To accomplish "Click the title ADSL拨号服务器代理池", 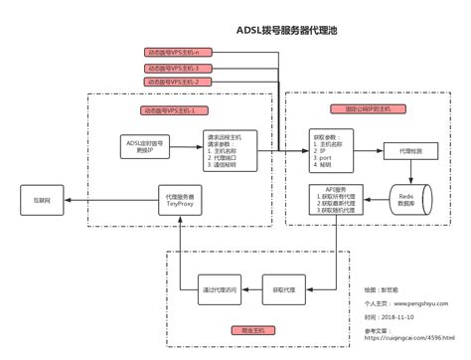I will tap(287, 31).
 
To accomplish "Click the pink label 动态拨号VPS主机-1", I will tap(175, 109).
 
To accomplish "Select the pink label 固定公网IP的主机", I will tap(348, 109).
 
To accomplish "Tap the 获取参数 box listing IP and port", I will tap(332, 148).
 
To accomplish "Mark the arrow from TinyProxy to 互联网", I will tap(109, 201).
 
